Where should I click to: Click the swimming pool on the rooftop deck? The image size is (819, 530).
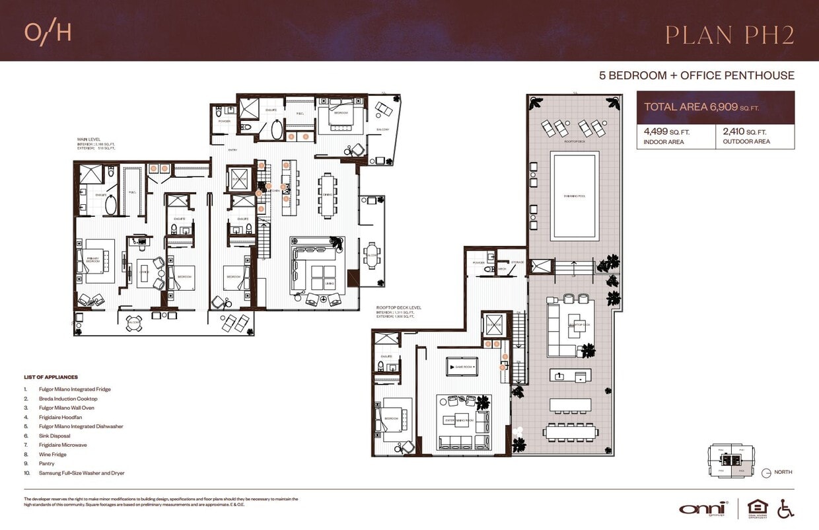pyautogui.click(x=575, y=196)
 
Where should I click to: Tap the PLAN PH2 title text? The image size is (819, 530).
pyautogui.click(x=729, y=35)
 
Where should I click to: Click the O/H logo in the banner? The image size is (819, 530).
pyautogui.click(x=48, y=32)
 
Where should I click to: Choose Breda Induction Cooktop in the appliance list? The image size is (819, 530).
pyautogui.click(x=67, y=398)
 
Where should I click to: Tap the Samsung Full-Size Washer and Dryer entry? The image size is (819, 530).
pyautogui.click(x=81, y=473)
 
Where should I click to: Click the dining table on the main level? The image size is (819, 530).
pyautogui.click(x=328, y=195)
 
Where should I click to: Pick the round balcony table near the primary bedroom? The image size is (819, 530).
pyautogui.click(x=134, y=322)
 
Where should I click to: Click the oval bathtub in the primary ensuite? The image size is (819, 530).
pyautogui.click(x=111, y=206)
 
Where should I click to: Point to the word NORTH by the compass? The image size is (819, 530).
pyautogui.click(x=783, y=472)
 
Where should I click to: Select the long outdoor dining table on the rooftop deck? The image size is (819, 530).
pyautogui.click(x=572, y=432)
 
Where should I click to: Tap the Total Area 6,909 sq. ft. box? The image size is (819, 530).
pyautogui.click(x=715, y=106)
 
